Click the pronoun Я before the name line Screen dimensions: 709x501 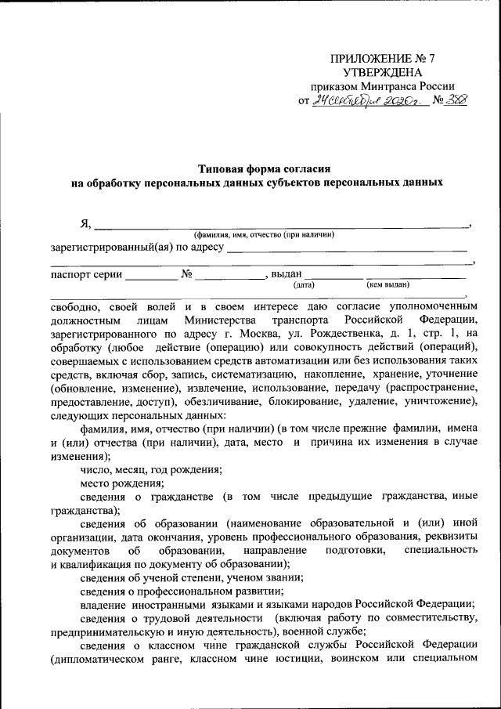(x=85, y=225)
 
